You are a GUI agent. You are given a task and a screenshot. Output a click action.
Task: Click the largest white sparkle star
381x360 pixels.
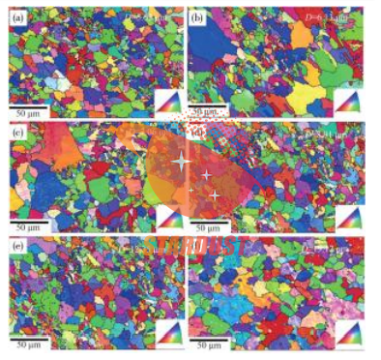click(x=179, y=162)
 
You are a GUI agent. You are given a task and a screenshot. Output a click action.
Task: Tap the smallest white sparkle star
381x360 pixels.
click(x=216, y=196)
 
